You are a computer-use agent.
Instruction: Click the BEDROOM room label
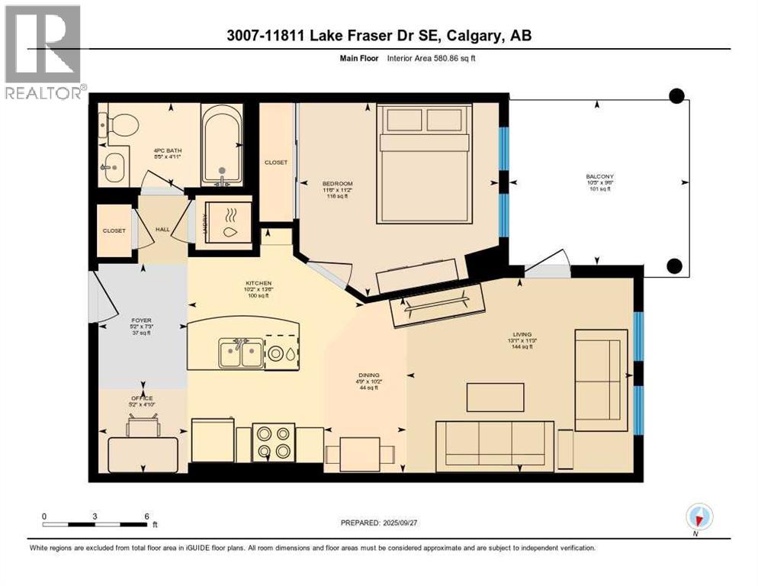tap(337, 184)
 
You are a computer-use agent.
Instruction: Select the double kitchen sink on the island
tap(240, 353)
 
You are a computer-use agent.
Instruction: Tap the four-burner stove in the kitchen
tap(273, 442)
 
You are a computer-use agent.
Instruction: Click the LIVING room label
tap(522, 333)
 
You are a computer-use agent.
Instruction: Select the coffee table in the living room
tap(496, 397)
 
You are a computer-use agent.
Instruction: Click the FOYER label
tap(142, 321)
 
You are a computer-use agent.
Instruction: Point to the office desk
tap(143, 455)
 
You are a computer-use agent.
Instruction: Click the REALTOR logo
tap(43, 53)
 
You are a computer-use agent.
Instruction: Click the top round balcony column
tap(676, 95)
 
